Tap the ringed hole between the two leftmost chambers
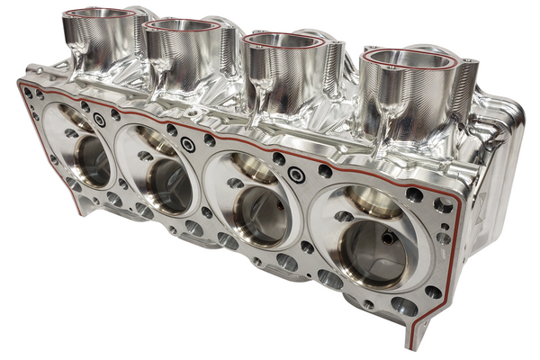(x=99, y=120)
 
